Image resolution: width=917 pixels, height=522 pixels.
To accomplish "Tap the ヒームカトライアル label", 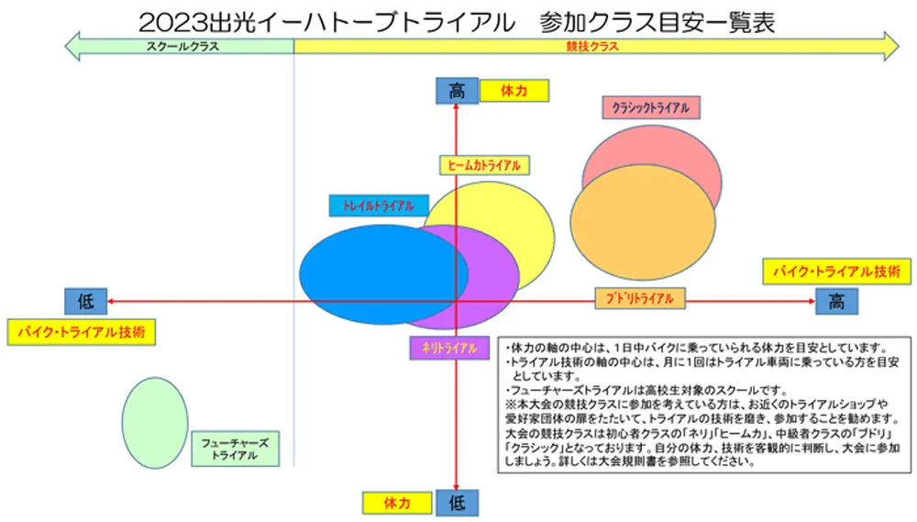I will tap(484, 165).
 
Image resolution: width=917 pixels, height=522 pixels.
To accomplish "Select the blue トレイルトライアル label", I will tap(379, 205).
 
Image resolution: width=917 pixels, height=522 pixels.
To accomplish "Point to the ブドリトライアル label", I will tap(639, 299).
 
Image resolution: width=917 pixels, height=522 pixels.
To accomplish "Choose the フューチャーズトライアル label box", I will tap(235, 449).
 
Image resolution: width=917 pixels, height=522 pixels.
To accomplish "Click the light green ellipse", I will tap(154, 421).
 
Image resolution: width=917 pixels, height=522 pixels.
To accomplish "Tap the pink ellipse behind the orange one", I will tap(642, 147).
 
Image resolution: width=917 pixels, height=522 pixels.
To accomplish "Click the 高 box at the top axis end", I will tap(457, 91).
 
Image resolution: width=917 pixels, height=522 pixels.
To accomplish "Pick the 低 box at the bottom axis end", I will tap(457, 502).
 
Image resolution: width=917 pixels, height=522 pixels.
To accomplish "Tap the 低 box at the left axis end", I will tap(85, 301).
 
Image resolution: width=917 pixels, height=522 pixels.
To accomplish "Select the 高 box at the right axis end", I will tap(836, 301).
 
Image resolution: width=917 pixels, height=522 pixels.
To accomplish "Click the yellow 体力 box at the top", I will tap(514, 91).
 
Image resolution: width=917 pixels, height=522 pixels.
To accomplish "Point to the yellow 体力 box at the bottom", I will tap(396, 502).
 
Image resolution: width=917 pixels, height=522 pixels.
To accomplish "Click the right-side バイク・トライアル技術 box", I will tap(835, 272).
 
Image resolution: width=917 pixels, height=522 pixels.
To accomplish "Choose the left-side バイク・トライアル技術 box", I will tap(81, 331).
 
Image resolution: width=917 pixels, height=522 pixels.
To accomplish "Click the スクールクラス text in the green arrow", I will tap(182, 46).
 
